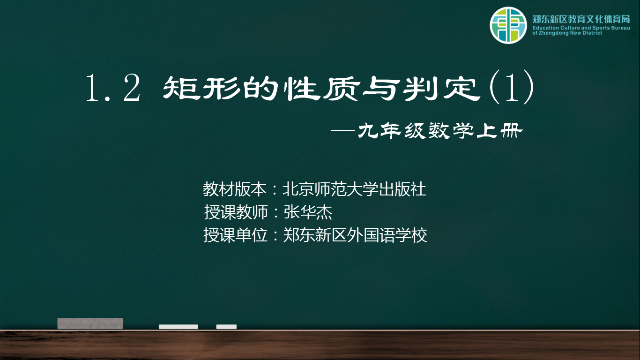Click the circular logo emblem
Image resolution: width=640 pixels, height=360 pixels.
coord(508,25)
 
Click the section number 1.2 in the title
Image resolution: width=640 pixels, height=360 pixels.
coord(113,88)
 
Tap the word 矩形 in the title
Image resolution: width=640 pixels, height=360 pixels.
coord(201,88)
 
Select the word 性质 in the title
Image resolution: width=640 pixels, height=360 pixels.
coord(321,88)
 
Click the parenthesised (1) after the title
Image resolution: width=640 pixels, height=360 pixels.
coord(512,87)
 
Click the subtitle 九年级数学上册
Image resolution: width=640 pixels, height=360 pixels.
coord(440,131)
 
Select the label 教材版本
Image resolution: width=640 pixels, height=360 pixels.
coord(234,189)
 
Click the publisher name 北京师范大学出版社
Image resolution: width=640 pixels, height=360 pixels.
coord(354,189)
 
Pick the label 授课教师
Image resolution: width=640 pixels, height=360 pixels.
coord(236,212)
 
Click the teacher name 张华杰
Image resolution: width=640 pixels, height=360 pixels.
coord(308,212)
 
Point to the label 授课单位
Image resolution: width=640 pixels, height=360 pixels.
coord(235,235)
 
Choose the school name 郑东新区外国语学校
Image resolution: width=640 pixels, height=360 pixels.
coord(355,235)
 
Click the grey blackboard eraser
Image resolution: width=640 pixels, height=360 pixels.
coord(90,323)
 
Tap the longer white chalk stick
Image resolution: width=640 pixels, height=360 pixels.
coord(179,327)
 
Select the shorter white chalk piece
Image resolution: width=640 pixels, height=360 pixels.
coord(226,327)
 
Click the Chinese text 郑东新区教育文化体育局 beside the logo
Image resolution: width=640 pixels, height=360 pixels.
coord(581,19)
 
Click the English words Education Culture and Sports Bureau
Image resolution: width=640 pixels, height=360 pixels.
coord(581,28)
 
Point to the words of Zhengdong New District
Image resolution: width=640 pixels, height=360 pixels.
coord(567,33)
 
